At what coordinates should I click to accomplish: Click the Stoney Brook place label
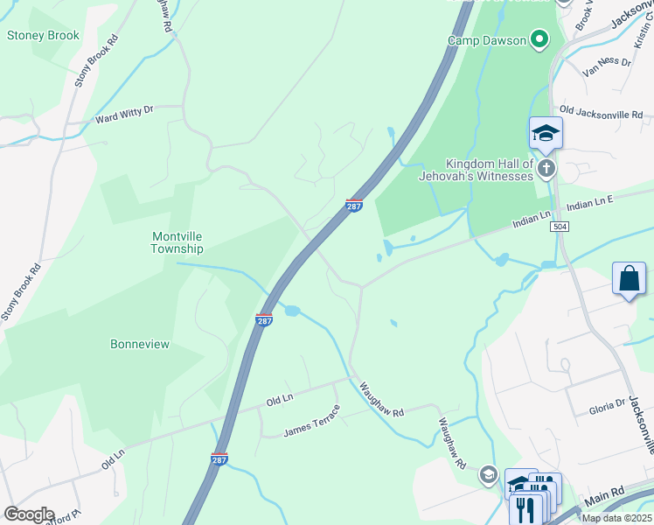point(43,36)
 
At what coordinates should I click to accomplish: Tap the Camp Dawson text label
point(488,39)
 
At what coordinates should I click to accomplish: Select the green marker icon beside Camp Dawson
point(539,38)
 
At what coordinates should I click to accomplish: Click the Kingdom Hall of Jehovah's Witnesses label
point(489,170)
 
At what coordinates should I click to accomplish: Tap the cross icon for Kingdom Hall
point(546,168)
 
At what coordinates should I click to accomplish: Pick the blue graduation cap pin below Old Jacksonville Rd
point(545,134)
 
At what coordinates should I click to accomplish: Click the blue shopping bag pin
point(629,280)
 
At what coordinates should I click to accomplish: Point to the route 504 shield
point(559,227)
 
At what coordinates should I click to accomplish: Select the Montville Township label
point(177,242)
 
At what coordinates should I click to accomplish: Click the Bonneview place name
point(140,344)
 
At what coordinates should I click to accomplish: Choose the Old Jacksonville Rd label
point(601,112)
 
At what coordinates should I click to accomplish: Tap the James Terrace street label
point(311,428)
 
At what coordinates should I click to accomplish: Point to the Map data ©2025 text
point(617,518)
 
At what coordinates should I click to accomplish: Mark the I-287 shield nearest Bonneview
point(264,320)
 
